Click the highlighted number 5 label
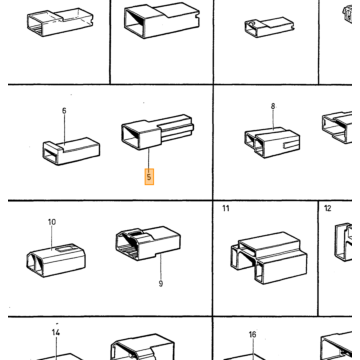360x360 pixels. (149, 177)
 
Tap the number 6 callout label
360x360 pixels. (64, 110)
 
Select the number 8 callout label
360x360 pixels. (273, 106)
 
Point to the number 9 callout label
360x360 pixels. (161, 284)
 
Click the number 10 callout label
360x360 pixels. (52, 222)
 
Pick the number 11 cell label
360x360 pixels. (226, 209)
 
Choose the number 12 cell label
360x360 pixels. (328, 209)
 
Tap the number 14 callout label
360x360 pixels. (56, 332)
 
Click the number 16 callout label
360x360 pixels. (252, 334)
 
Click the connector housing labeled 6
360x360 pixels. (71, 151)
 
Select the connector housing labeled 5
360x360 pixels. (157, 132)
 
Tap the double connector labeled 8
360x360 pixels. (272, 142)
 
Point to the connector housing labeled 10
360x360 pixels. (56, 260)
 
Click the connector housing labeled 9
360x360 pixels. (148, 243)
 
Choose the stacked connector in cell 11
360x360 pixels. (269, 257)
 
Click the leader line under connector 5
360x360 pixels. (149, 159)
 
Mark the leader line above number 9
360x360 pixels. (160, 267)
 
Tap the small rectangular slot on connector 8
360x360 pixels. (289, 145)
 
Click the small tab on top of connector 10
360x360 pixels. (63, 248)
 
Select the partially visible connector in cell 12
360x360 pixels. (343, 242)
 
